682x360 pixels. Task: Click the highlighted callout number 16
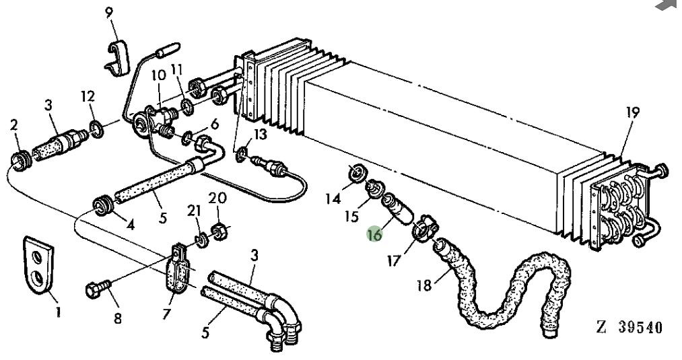pos(375,235)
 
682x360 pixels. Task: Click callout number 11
pos(177,69)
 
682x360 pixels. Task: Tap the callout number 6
pos(214,124)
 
